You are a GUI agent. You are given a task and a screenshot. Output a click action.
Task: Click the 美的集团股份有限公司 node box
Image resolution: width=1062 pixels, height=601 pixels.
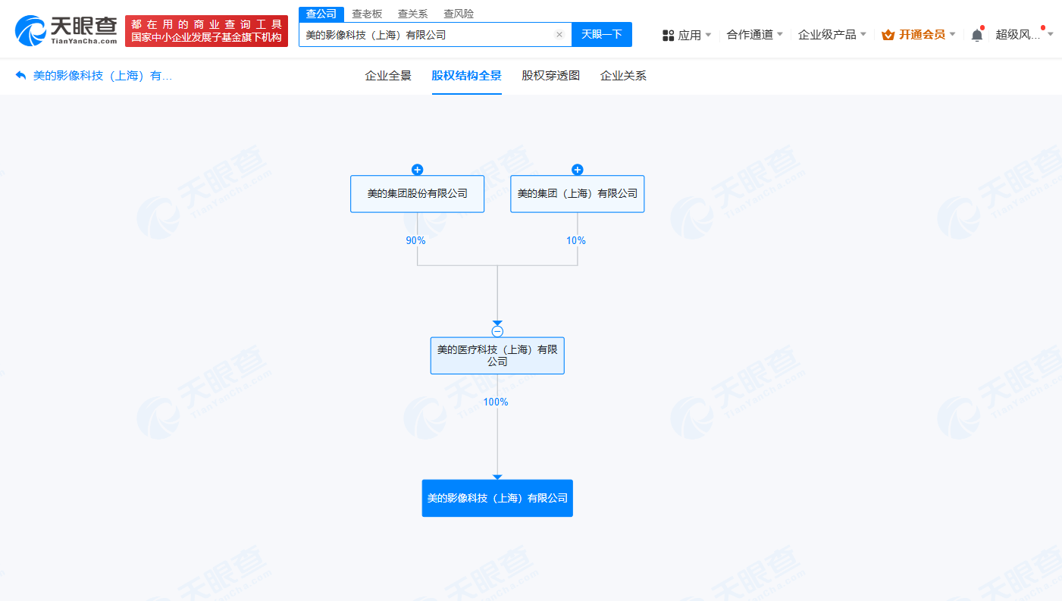tap(417, 194)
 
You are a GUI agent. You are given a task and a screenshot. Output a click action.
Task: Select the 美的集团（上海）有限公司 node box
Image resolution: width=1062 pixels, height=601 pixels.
tap(577, 194)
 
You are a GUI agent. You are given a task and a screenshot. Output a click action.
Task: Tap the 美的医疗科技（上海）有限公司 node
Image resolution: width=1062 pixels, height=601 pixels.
tap(497, 355)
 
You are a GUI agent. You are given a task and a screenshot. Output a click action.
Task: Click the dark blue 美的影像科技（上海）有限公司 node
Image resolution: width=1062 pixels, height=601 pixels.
tap(497, 498)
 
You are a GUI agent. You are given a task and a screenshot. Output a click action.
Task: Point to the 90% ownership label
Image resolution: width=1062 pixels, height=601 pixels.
tap(415, 241)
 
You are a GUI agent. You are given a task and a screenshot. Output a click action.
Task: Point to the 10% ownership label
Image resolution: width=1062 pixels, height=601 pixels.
tap(575, 241)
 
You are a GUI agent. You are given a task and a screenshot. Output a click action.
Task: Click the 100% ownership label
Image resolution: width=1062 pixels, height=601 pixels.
tap(496, 402)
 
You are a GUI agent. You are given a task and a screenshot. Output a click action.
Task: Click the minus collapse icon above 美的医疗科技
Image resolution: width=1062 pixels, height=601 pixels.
tap(497, 331)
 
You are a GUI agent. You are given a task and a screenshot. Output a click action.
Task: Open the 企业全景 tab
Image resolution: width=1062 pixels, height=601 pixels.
tap(388, 75)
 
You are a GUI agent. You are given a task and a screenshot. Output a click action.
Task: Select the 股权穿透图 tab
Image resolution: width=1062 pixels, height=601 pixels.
tap(550, 75)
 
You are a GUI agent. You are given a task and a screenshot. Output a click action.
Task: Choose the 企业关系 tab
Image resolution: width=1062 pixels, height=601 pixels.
tap(623, 75)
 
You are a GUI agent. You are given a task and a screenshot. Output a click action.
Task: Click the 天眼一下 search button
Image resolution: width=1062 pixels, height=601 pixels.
tap(602, 35)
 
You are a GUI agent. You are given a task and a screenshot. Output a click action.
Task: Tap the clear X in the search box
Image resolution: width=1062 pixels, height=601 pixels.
tap(559, 35)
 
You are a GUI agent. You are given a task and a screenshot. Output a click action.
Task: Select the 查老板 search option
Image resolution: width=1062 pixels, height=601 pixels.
tap(367, 14)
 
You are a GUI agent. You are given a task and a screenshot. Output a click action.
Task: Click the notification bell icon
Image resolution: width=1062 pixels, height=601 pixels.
tap(976, 35)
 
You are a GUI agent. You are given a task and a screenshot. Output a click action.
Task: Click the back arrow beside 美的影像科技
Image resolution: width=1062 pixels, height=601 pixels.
tap(20, 75)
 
